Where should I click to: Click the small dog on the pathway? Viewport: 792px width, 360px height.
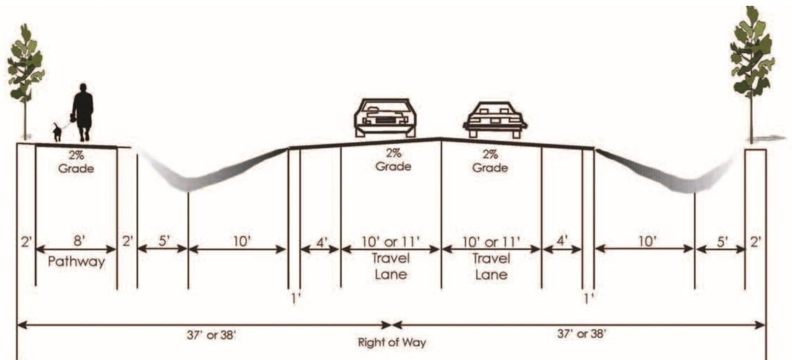(x=57, y=132)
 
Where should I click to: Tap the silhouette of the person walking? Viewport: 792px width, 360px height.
(x=83, y=112)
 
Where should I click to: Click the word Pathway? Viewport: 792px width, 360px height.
(x=76, y=262)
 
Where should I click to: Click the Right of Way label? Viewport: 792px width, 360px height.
(x=392, y=342)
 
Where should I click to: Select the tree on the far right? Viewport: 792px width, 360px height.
(x=752, y=58)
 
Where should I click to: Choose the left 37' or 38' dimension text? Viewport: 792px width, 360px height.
(x=211, y=335)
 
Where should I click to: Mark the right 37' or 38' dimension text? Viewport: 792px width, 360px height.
(x=581, y=333)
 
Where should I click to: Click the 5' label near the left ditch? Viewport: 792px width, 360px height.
(x=164, y=241)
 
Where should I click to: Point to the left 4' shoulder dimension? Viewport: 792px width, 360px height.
(x=321, y=242)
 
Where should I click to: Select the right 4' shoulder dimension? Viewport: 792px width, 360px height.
(x=562, y=241)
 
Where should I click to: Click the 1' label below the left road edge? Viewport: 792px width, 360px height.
(x=296, y=298)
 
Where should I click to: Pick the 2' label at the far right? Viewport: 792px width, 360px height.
(x=756, y=242)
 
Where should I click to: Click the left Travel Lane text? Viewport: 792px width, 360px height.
(x=391, y=266)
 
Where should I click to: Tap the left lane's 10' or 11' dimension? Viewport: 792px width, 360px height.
(x=391, y=242)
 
